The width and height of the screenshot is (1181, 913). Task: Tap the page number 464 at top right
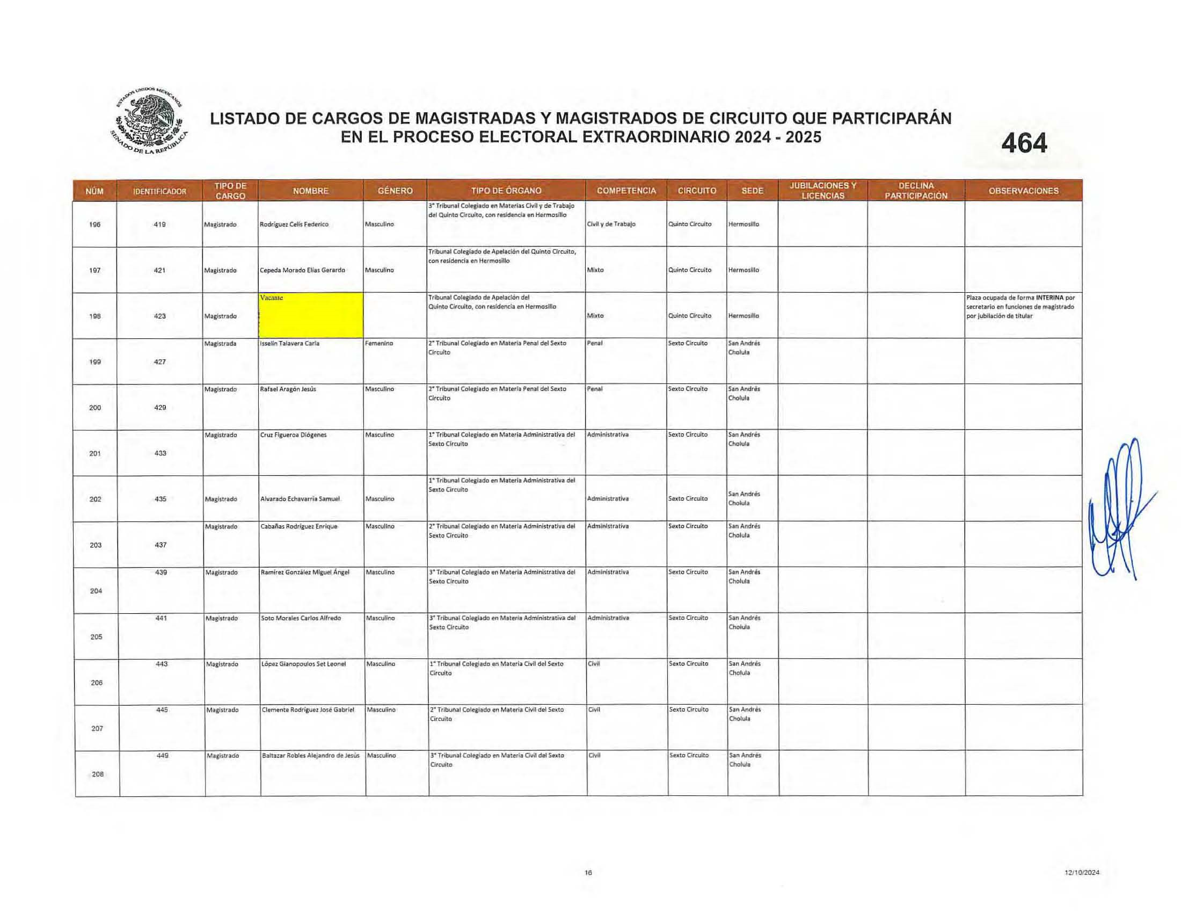(1024, 144)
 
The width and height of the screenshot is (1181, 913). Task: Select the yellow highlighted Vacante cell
(311, 315)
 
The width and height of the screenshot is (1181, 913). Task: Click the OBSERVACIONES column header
(1023, 191)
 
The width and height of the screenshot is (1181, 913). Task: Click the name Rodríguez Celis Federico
(294, 224)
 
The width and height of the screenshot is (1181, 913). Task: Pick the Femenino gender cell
(379, 344)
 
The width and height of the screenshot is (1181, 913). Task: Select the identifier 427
(159, 362)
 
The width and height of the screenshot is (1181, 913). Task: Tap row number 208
(97, 774)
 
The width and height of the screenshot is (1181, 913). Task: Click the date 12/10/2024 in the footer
(1082, 872)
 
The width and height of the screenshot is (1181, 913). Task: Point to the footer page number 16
(588, 872)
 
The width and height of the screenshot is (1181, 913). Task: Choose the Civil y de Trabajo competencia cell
(611, 224)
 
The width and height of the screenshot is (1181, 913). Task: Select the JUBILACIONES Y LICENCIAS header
(823, 191)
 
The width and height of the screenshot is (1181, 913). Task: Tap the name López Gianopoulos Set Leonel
(303, 664)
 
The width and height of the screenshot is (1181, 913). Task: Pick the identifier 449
(162, 755)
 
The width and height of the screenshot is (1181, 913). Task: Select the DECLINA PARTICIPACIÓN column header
(916, 191)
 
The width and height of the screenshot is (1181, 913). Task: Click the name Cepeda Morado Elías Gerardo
(302, 270)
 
